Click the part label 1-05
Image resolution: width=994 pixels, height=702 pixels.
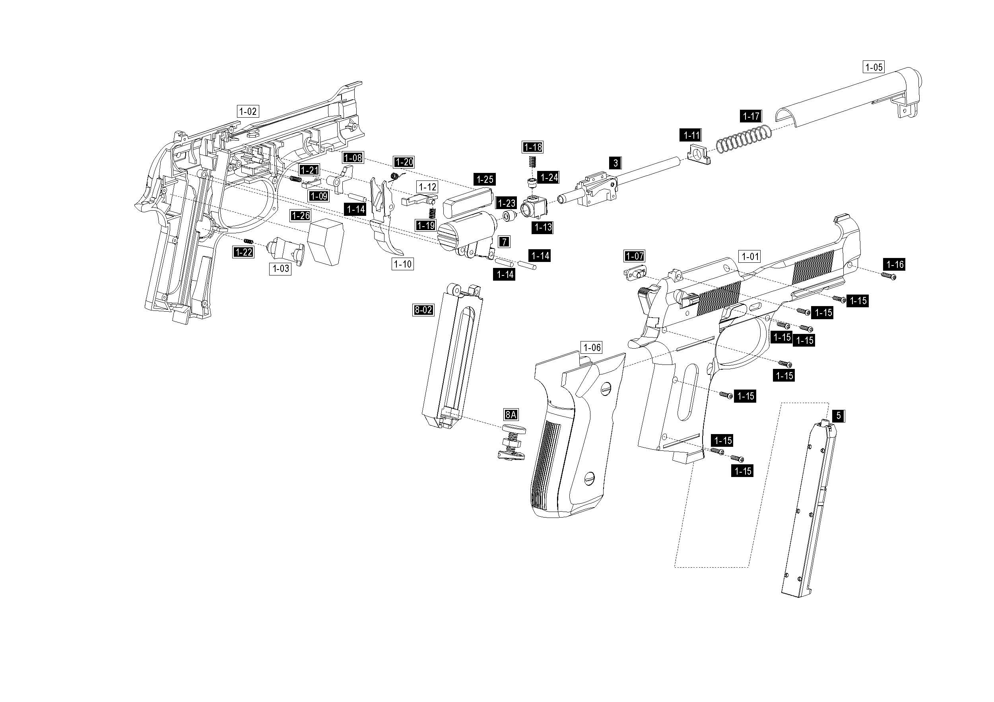pyautogui.click(x=873, y=67)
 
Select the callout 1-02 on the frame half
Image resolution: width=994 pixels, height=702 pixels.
pyautogui.click(x=248, y=111)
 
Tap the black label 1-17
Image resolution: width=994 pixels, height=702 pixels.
pyautogui.click(x=751, y=116)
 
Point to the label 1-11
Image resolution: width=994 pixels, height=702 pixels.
pyautogui.click(x=691, y=135)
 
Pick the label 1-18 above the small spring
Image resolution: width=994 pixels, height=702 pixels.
pyautogui.click(x=533, y=147)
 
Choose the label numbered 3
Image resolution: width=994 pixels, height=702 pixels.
pyautogui.click(x=615, y=163)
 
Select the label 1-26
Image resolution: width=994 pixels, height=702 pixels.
pyautogui.click(x=301, y=215)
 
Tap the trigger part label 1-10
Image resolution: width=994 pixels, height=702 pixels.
pyautogui.click(x=403, y=264)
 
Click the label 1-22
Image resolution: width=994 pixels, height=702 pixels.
pyautogui.click(x=243, y=252)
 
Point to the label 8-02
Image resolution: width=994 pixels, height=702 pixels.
pyautogui.click(x=423, y=310)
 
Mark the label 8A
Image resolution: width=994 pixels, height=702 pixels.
pyautogui.click(x=511, y=415)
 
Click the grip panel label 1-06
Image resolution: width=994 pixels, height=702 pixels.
pyautogui.click(x=592, y=347)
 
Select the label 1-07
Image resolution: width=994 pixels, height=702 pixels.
pyautogui.click(x=635, y=256)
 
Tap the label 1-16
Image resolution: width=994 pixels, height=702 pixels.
pyautogui.click(x=895, y=264)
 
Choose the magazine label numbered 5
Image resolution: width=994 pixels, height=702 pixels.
pyautogui.click(x=839, y=416)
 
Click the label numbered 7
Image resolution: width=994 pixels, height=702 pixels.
pyautogui.click(x=505, y=242)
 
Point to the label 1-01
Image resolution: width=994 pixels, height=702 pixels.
pyautogui.click(x=750, y=257)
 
